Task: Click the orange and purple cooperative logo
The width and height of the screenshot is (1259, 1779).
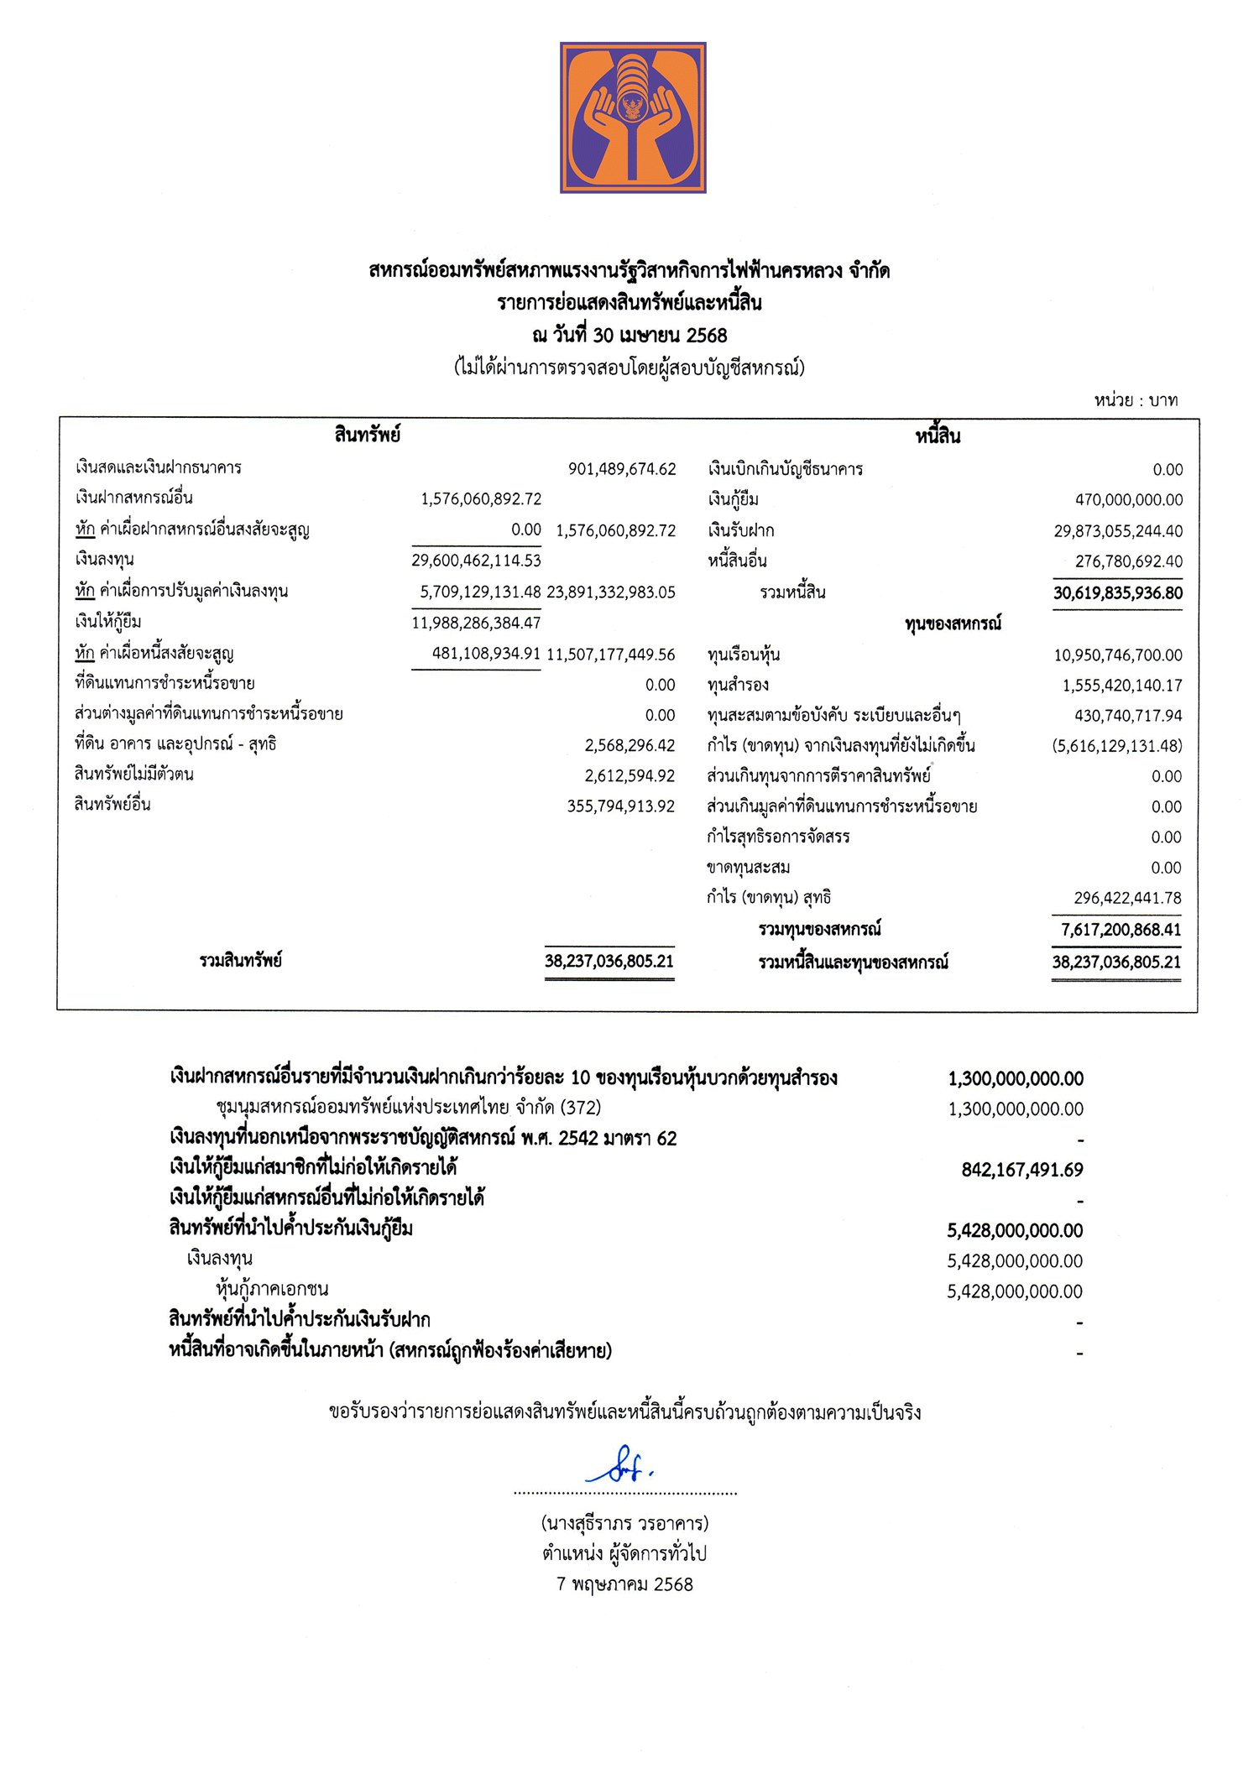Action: click(x=633, y=117)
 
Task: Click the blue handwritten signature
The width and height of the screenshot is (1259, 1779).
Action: click(x=620, y=1465)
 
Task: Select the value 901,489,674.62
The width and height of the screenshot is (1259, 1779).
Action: click(x=622, y=469)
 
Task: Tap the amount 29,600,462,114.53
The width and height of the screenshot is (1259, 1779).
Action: click(x=476, y=561)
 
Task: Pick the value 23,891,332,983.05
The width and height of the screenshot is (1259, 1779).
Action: click(x=611, y=592)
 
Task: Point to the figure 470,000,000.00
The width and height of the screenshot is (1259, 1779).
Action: click(x=1129, y=500)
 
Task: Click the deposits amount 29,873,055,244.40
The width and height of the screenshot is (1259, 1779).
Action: click(x=1118, y=531)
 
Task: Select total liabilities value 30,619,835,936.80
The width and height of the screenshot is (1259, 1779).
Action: click(x=1118, y=593)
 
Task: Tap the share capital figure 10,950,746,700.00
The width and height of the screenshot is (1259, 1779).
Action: click(x=1118, y=655)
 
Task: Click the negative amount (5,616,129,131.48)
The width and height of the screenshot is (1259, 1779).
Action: click(x=1116, y=746)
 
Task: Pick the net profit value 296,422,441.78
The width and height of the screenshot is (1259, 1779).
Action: click(x=1127, y=898)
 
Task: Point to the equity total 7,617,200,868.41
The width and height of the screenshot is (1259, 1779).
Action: click(x=1121, y=930)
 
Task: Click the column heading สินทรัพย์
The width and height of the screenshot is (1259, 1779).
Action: click(x=367, y=435)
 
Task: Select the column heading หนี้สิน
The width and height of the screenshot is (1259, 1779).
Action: click(x=938, y=436)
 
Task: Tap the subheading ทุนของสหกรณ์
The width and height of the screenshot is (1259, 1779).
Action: click(x=953, y=624)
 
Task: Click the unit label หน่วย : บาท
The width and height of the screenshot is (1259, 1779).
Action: click(x=1136, y=400)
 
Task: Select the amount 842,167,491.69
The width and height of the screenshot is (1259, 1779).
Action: click(x=1022, y=1170)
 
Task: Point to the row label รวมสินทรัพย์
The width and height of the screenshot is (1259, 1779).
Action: click(x=241, y=961)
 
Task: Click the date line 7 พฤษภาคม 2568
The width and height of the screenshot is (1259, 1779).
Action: click(x=624, y=1584)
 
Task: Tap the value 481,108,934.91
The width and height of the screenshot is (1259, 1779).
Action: click(x=486, y=654)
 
